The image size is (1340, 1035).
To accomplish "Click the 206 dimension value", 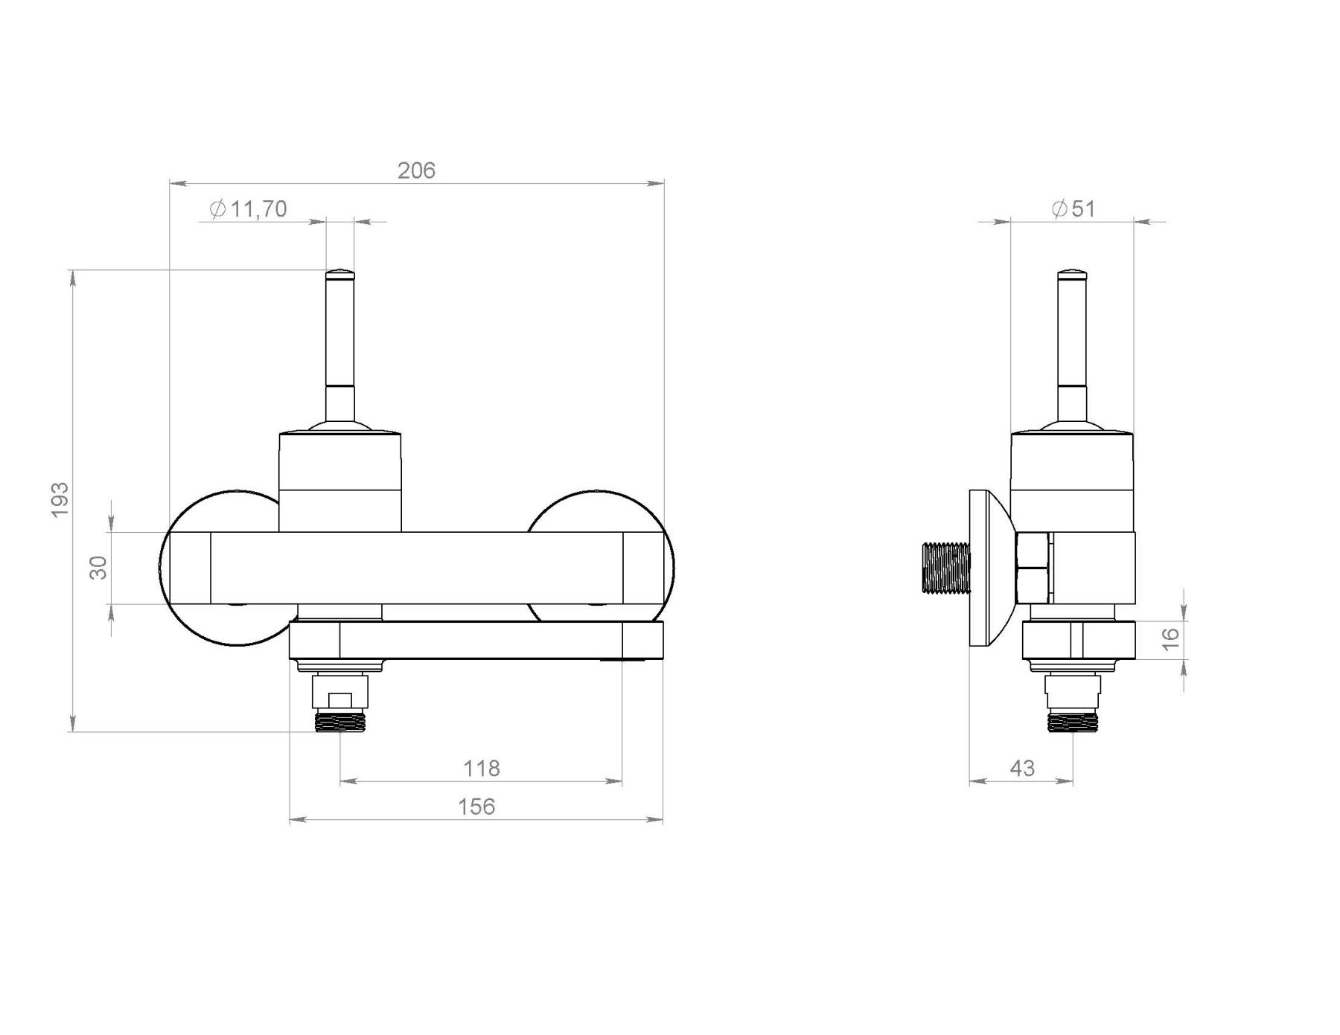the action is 416,170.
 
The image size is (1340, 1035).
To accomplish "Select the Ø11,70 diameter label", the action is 248,209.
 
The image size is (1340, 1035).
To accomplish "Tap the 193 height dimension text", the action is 60,499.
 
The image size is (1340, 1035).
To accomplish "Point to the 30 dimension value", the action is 98,567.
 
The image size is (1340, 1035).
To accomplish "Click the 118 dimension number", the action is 482,768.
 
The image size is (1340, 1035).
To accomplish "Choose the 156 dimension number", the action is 476,807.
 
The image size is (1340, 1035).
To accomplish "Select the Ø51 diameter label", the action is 1073,209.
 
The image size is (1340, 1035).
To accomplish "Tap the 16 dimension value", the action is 1171,638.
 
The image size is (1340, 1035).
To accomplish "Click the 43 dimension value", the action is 1023,768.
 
